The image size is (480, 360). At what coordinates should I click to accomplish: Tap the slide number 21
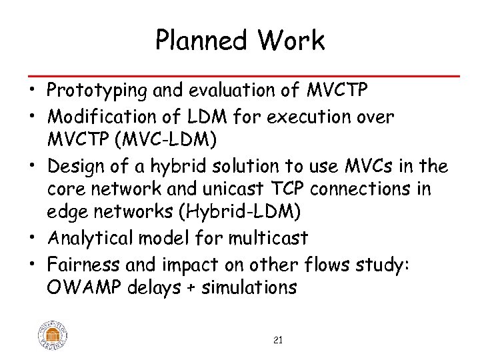pyautogui.click(x=278, y=341)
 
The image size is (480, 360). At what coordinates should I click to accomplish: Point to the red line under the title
pyautogui.click(x=240, y=76)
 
